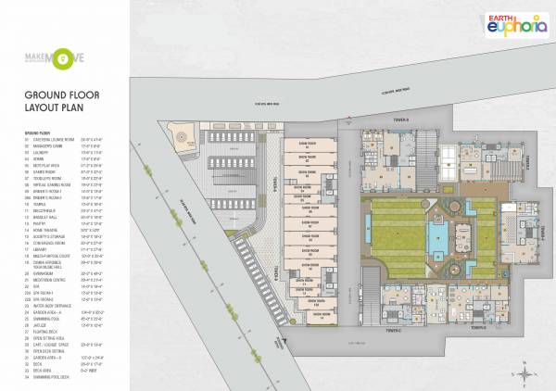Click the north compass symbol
(524, 372)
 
